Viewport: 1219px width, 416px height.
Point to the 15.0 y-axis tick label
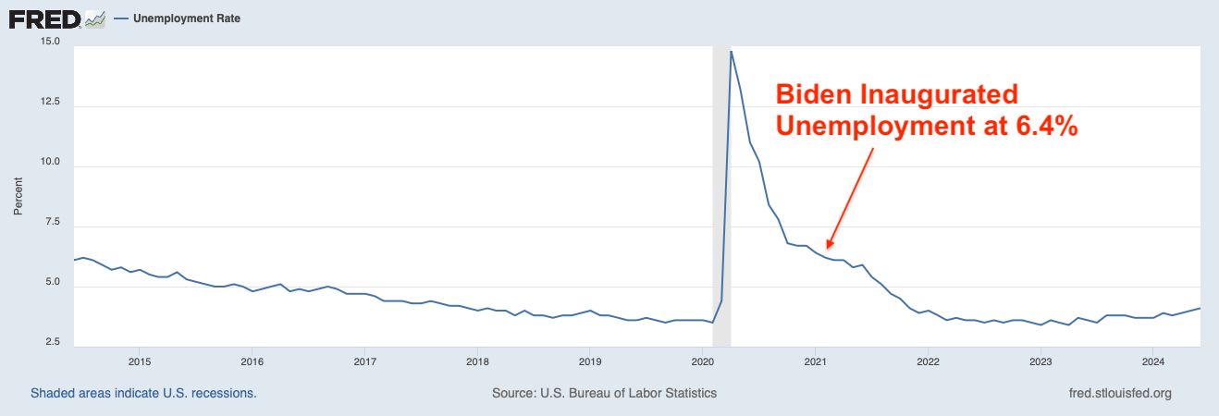pyautogui.click(x=50, y=42)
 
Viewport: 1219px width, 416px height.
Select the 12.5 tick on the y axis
pyautogui.click(x=50, y=103)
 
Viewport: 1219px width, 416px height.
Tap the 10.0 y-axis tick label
pyautogui.click(x=50, y=163)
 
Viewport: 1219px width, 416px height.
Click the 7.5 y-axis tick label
pyautogui.click(x=52, y=223)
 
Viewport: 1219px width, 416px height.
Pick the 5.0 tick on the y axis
pyautogui.click(x=52, y=283)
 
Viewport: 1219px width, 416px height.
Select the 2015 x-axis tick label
pyautogui.click(x=139, y=361)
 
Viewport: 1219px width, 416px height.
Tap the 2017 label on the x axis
pyautogui.click(x=364, y=361)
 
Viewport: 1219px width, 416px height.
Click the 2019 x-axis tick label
pyautogui.click(x=590, y=361)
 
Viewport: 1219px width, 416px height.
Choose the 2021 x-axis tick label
pyautogui.click(x=815, y=361)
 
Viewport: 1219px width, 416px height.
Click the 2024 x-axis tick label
pyautogui.click(x=1153, y=361)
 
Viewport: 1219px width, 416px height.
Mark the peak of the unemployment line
pyautogui.click(x=732, y=51)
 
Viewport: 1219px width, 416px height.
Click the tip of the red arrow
pyautogui.click(x=828, y=248)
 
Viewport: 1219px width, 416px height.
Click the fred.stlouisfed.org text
pyautogui.click(x=1119, y=393)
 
